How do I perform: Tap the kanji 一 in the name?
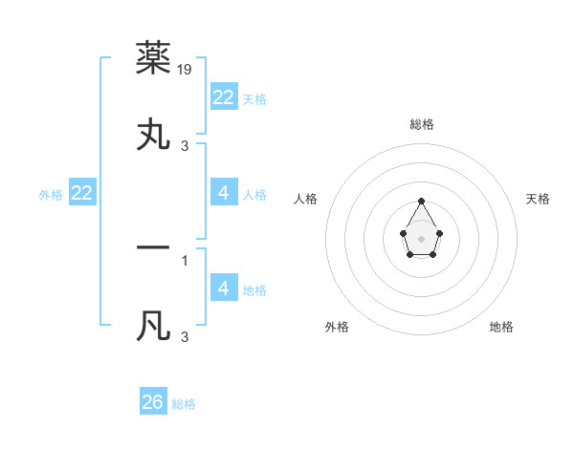(x=154, y=247)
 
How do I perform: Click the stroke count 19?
(x=186, y=69)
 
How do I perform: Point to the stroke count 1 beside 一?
(x=185, y=259)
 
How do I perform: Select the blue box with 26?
(x=153, y=402)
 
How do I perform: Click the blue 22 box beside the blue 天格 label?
(x=224, y=97)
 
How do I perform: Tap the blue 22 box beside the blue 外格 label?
(x=82, y=193)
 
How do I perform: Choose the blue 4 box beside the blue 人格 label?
(x=224, y=193)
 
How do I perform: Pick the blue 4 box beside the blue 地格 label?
(x=224, y=288)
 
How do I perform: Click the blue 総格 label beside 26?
(x=184, y=404)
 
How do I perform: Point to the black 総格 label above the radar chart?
(x=422, y=124)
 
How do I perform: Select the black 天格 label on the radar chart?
(x=539, y=199)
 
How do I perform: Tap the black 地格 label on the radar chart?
(x=501, y=327)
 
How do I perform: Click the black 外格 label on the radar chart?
(x=337, y=327)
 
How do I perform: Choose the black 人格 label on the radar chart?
(x=306, y=199)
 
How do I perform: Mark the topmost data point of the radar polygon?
(x=422, y=201)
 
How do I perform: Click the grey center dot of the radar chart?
(x=422, y=237)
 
